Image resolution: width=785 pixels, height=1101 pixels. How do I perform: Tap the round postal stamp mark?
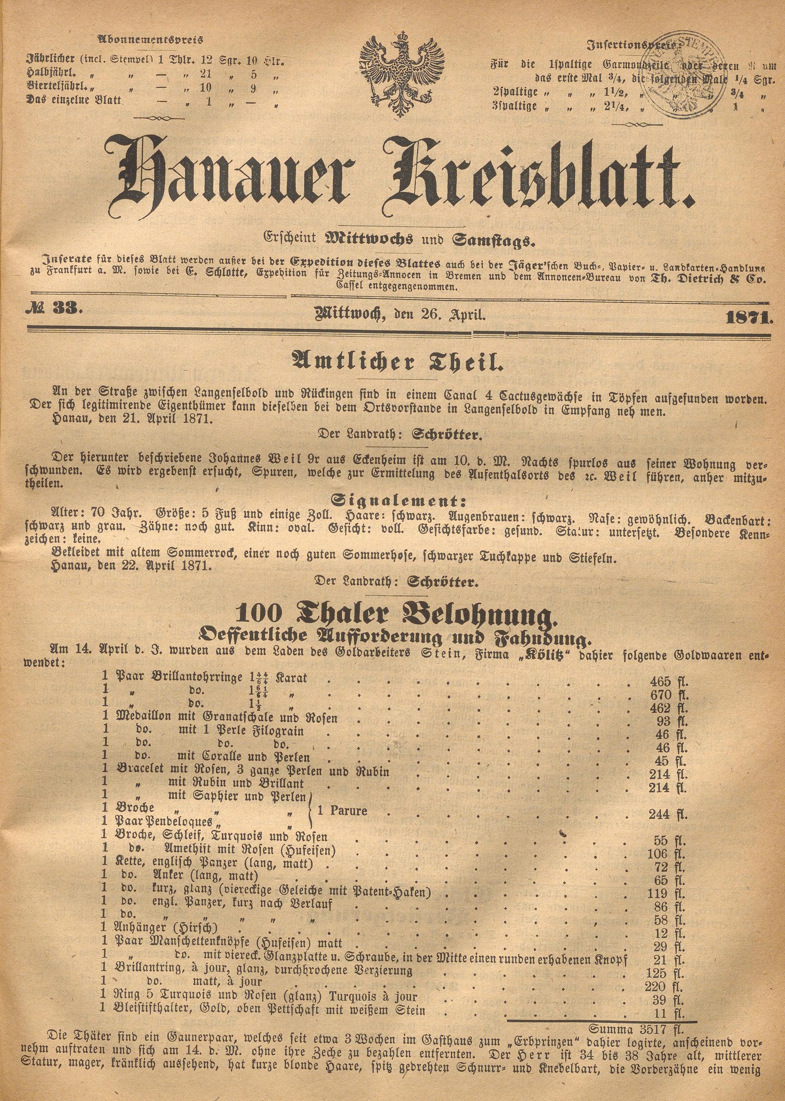click(x=681, y=78)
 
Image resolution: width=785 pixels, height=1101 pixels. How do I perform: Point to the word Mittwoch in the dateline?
click(x=349, y=315)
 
